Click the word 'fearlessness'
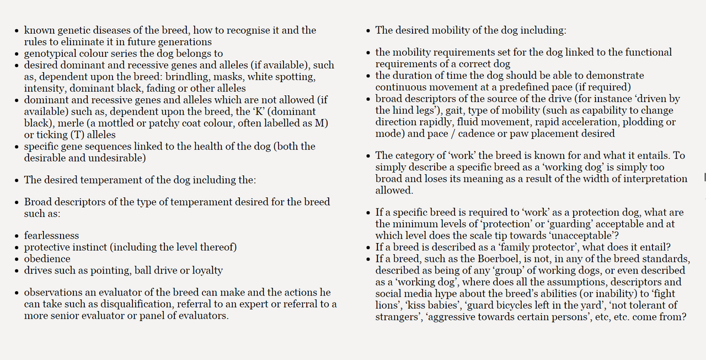(x=51, y=235)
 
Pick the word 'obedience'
(x=47, y=259)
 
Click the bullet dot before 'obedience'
(x=17, y=259)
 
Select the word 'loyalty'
(x=205, y=270)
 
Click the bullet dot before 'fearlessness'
(x=17, y=236)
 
